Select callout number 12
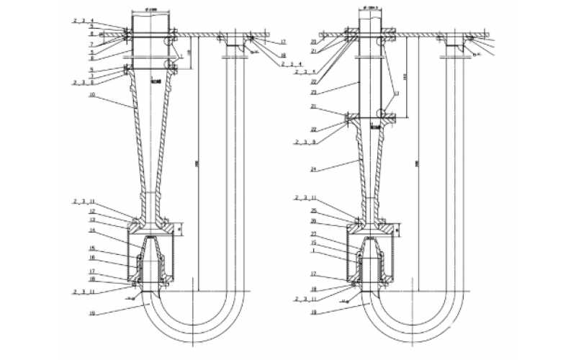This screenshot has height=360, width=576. (x=94, y=212)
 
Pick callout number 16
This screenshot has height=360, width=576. (x=94, y=256)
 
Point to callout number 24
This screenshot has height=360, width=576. (x=314, y=170)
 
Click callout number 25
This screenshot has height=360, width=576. (x=314, y=211)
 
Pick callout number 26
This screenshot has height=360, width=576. (x=314, y=220)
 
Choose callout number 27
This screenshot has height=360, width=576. (x=314, y=235)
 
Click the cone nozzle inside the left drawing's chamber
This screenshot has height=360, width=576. (x=151, y=252)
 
